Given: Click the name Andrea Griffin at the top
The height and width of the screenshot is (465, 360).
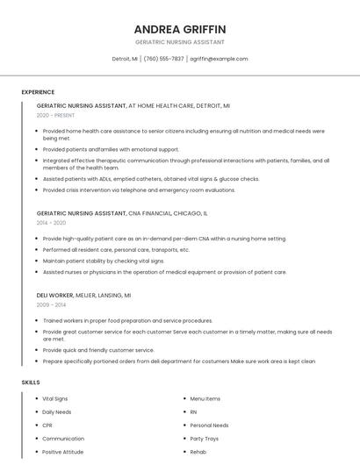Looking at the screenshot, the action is point(180,29).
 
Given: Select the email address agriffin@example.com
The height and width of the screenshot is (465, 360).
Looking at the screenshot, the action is point(219,59).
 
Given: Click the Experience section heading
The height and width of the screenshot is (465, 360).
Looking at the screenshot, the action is point(38,92).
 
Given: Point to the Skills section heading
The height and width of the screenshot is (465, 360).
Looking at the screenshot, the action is point(31,383).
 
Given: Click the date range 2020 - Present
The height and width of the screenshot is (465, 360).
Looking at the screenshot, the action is point(56,115).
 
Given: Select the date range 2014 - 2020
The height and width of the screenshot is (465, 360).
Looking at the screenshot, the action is point(51,223).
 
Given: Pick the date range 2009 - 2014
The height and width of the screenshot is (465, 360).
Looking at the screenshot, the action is point(51,305).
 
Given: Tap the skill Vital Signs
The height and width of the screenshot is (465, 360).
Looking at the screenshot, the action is point(54,398).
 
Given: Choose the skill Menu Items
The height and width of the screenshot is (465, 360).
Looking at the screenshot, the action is point(205,398).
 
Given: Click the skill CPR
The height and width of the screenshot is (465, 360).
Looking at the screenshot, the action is point(47,426).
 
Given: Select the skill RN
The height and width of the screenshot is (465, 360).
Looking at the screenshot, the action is point(193,411).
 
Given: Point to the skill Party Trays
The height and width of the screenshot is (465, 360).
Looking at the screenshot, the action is point(205,439).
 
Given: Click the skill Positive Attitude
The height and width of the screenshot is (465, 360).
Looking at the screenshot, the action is point(63,452).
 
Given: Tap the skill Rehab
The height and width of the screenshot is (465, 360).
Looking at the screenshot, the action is point(198,452).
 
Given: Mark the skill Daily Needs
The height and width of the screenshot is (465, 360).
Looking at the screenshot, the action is point(57,411).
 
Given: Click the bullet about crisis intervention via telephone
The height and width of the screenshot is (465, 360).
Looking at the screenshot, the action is point(139,190).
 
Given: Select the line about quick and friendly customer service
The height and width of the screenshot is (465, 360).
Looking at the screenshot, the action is point(98,350).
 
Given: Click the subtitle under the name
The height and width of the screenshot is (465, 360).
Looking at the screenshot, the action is point(180,42).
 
